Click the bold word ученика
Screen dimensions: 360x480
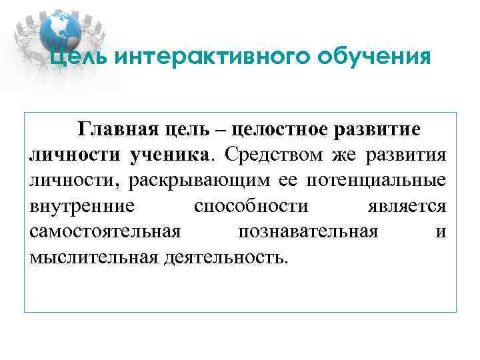(x=170, y=154)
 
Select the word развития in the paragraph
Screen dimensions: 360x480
(x=407, y=154)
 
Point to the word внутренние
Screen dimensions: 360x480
(x=82, y=206)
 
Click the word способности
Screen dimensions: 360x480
(x=251, y=206)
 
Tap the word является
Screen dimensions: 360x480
(x=406, y=206)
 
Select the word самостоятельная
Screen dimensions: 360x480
(x=105, y=231)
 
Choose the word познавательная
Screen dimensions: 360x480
(x=307, y=231)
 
